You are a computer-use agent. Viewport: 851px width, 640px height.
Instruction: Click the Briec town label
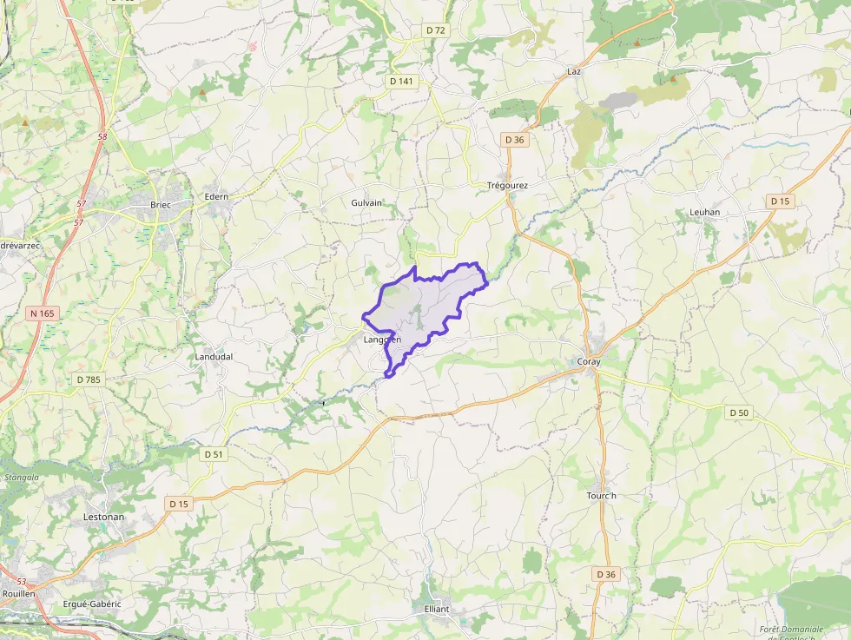160,205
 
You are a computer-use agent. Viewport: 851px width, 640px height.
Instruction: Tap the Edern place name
216,196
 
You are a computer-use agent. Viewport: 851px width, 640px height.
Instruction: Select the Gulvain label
366,202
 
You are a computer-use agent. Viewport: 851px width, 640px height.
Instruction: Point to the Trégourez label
507,185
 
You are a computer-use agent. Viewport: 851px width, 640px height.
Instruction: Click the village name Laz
573,71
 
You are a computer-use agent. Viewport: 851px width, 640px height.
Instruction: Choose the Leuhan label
704,212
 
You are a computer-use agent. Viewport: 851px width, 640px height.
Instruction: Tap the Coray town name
589,361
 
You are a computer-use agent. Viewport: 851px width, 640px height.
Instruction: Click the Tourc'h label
601,496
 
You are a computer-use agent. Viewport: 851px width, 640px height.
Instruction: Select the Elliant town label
437,609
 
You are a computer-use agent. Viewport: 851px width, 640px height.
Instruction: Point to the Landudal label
214,356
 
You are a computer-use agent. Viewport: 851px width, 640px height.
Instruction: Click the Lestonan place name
103,517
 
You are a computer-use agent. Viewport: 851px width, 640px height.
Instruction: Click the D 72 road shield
436,30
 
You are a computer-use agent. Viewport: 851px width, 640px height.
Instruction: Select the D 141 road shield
400,81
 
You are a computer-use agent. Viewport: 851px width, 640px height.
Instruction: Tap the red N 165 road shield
41,313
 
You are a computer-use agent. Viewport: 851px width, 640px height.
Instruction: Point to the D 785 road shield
89,379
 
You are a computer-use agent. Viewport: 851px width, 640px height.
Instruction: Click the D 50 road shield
738,412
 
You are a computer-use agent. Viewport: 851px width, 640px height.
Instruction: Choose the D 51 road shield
214,454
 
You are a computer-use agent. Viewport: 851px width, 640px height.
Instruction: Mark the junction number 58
102,136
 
